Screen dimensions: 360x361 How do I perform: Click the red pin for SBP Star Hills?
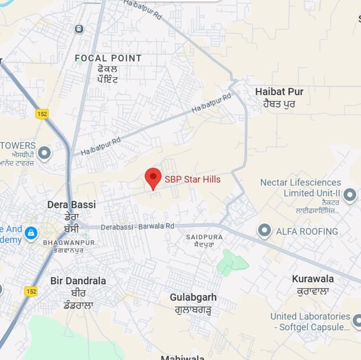pos(153,177)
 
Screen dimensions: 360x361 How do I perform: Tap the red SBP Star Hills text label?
pos(193,180)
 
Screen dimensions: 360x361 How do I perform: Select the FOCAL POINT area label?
pos(108,58)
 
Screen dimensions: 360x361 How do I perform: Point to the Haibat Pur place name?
pos(279,92)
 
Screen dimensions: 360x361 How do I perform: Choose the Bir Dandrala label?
pos(78,281)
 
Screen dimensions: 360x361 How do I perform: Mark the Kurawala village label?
pos(313,279)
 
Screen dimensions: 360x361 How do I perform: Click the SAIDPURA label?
pos(204,237)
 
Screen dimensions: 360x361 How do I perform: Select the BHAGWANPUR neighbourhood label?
pos(63,243)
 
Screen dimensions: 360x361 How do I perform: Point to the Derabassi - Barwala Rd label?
pos(138,226)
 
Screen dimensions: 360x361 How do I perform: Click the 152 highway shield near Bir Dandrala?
pos(31,291)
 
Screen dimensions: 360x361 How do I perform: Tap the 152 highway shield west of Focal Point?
pos(42,114)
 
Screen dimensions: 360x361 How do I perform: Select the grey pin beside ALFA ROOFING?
pos(264,231)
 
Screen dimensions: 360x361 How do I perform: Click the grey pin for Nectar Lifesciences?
pos(350,195)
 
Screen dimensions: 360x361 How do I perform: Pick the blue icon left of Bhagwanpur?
pos(31,233)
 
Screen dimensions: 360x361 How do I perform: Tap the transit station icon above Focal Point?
pos(79,29)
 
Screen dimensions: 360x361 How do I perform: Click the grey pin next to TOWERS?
pos(44,153)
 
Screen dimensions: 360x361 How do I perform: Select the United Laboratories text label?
pos(310,317)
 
